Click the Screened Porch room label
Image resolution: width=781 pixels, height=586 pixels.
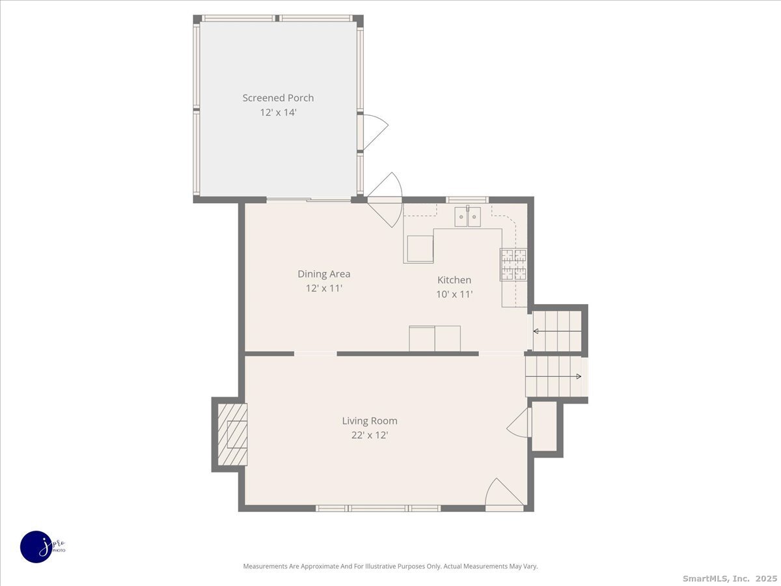tap(278, 98)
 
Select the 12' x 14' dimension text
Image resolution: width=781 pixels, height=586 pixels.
tap(278, 112)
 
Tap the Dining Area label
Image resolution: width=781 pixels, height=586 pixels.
tap(323, 274)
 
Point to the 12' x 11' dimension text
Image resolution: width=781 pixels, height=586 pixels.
tap(323, 288)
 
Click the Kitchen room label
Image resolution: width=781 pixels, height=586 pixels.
tap(454, 280)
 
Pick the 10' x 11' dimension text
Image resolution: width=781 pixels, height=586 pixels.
tap(454, 294)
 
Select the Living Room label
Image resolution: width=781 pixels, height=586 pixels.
tap(370, 421)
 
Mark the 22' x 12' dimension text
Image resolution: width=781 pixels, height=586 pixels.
tap(370, 436)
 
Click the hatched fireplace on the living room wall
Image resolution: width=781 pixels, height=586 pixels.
tap(232, 434)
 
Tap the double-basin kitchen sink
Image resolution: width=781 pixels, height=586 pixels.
tap(467, 216)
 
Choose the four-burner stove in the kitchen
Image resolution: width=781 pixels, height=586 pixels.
tap(513, 264)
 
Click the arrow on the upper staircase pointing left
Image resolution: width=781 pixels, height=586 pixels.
tap(536, 331)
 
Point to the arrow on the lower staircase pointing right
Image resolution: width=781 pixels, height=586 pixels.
tap(577, 376)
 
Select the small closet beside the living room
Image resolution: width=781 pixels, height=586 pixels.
tap(545, 426)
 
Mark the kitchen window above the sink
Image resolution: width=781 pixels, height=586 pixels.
tap(467, 199)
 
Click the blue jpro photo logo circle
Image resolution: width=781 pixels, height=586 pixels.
tap(36, 546)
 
